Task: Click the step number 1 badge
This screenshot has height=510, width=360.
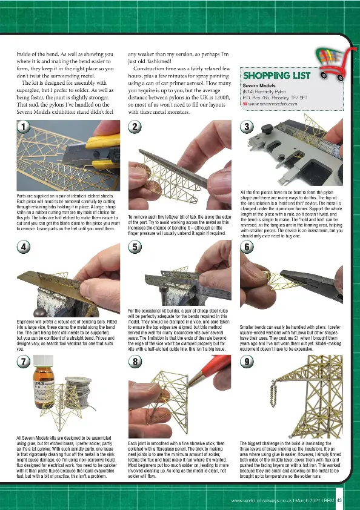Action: (22, 127)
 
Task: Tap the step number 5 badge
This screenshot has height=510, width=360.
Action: (135, 247)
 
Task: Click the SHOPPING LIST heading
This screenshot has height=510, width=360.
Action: (276, 76)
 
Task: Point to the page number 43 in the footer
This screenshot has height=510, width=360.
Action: (340, 500)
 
